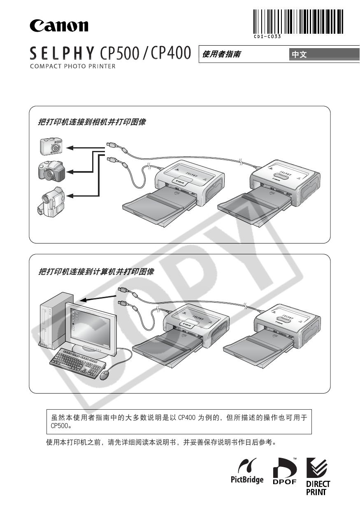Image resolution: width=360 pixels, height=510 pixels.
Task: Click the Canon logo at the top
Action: (59, 26)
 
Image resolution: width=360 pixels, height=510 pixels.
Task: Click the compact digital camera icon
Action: (51, 146)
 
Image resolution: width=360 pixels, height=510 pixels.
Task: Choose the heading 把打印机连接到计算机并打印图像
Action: (96, 272)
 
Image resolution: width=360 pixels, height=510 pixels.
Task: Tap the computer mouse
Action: (106, 375)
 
